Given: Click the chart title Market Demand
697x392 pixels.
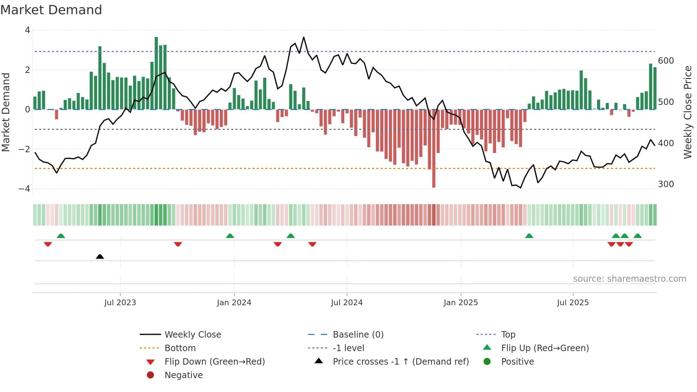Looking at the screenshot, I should [x=51, y=10].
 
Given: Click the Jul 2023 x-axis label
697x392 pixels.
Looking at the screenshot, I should [x=120, y=302].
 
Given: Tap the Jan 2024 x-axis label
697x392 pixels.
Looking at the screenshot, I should [x=234, y=302].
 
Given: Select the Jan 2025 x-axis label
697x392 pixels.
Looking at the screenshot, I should [x=461, y=302].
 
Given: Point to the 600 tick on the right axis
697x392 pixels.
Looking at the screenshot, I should [x=666, y=61].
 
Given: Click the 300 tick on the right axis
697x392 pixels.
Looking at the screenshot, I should [x=666, y=184].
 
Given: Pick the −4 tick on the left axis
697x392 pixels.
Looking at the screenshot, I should [x=25, y=189].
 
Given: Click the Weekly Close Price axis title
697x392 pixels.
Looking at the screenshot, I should [x=688, y=112].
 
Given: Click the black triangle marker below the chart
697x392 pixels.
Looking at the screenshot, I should [x=100, y=256].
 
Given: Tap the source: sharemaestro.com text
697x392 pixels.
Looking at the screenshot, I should [x=629, y=279].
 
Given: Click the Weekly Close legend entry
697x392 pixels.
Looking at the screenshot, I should [x=192, y=335].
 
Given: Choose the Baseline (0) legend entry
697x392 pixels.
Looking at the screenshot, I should [x=358, y=335].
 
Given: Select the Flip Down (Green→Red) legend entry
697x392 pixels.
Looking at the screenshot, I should [x=214, y=362].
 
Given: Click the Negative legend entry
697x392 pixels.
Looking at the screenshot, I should [x=183, y=375].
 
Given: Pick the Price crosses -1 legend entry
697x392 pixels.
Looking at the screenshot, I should [x=400, y=362].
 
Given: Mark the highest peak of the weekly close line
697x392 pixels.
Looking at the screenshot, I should [x=304, y=37].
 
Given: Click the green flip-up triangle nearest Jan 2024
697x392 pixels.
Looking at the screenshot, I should [x=230, y=236].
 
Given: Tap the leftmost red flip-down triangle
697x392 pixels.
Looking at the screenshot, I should [x=48, y=244].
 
